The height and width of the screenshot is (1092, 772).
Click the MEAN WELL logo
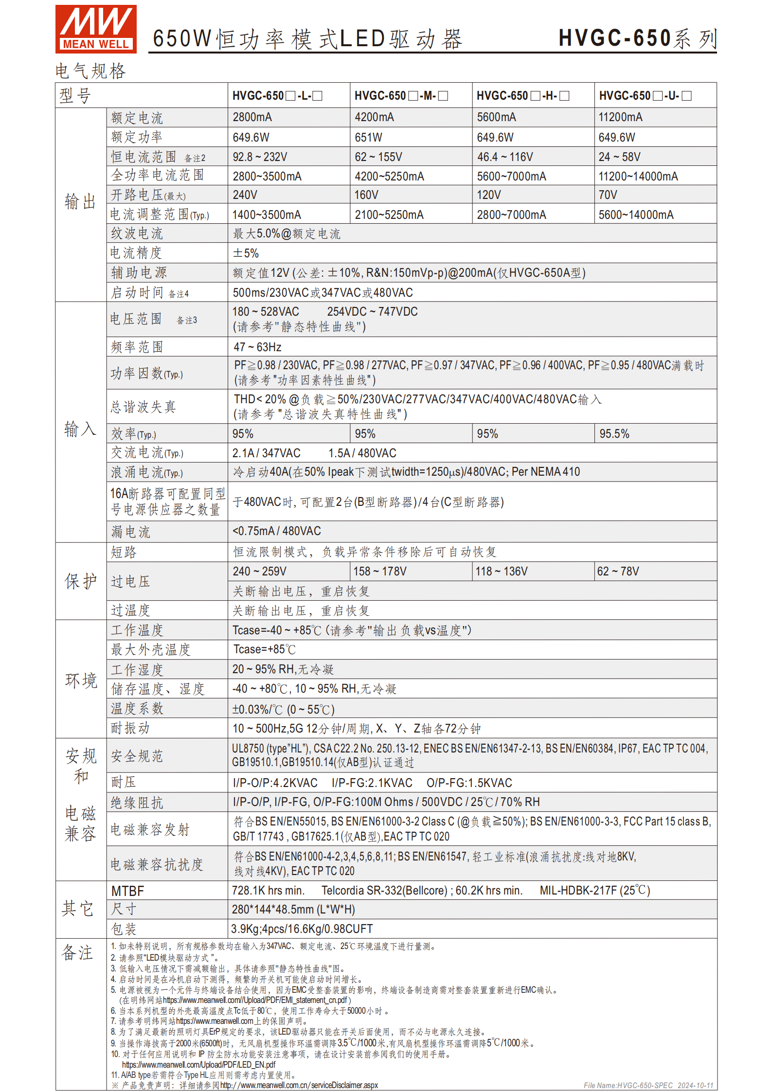click(96, 29)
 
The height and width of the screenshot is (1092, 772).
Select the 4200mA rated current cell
click(374, 117)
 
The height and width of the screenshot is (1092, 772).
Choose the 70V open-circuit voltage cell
click(608, 195)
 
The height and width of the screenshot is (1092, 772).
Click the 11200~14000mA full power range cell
click(638, 177)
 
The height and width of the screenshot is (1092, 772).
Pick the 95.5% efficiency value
click(614, 434)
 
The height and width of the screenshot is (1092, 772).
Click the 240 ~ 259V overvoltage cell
click(259, 572)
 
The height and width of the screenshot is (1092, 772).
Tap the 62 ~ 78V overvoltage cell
click(618, 572)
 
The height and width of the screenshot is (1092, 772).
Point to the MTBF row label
click(127, 891)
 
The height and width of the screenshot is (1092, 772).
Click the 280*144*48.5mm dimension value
click(293, 910)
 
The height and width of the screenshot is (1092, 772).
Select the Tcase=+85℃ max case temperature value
click(264, 650)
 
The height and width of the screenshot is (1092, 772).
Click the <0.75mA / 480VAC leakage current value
click(276, 531)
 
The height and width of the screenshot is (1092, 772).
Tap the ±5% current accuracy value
click(246, 253)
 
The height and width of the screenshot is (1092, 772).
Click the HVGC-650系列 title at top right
click(637, 38)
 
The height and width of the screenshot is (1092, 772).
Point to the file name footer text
click(648, 1085)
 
